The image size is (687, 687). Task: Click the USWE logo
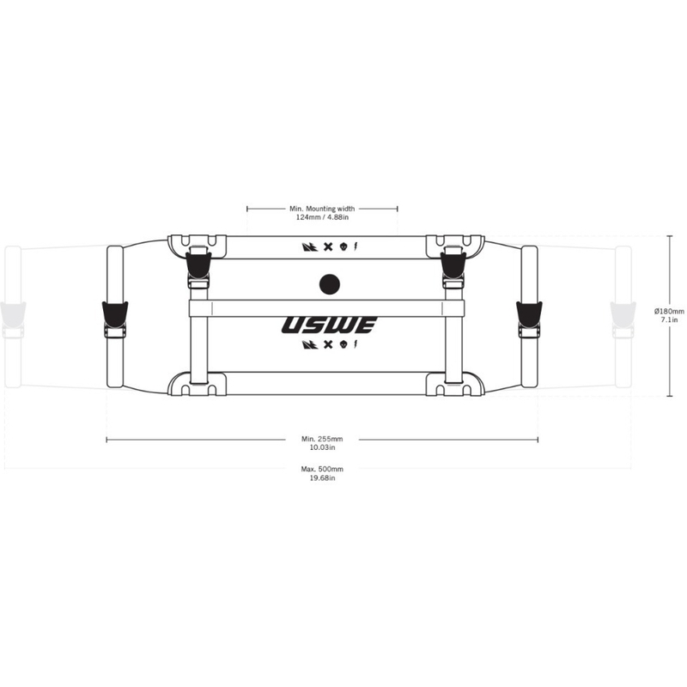click(329, 325)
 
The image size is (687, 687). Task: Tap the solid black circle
click(330, 284)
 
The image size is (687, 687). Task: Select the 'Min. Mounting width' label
click(322, 209)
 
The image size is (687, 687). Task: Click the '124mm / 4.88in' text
click(322, 217)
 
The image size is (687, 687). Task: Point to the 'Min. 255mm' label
click(322, 439)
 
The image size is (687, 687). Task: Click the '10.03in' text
click(322, 447)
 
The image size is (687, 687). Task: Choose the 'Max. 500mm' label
click(322, 469)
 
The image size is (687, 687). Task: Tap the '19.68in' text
click(322, 477)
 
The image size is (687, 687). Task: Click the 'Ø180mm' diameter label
click(669, 311)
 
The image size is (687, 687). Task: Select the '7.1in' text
click(670, 319)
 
